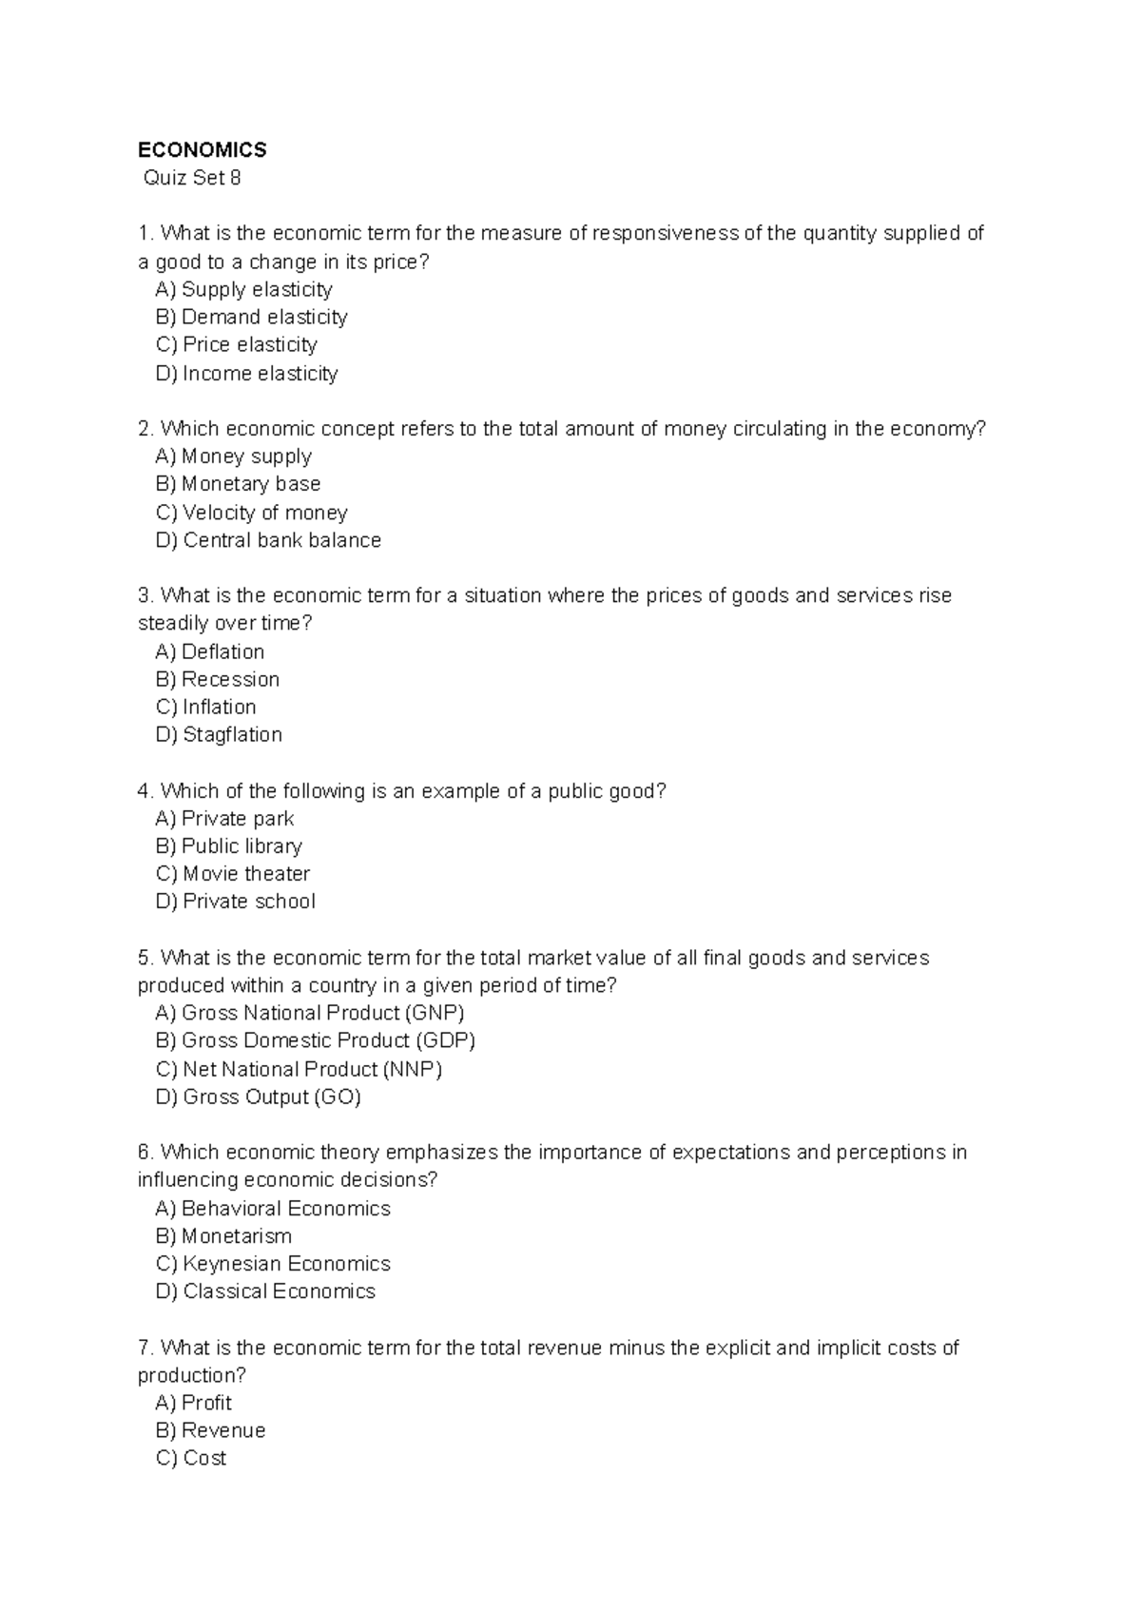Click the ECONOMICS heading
pos(202,150)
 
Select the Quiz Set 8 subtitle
pos(191,178)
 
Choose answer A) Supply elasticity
pos(243,289)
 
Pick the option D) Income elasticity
pos(246,374)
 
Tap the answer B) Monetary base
pos(238,484)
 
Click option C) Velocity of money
pos(251,513)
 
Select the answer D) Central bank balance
pos(268,540)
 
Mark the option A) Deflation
pos(209,651)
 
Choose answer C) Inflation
pos(205,707)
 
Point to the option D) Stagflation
pos(219,734)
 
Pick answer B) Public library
pos(228,846)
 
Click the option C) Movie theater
pos(233,874)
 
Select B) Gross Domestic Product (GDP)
pos(315,1040)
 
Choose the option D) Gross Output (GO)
pos(258,1097)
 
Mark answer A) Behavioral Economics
pos(273,1209)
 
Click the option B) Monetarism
pos(223,1236)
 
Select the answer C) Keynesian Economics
pos(273,1264)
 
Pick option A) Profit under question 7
pos(193,1403)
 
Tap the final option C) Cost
pos(190,1458)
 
